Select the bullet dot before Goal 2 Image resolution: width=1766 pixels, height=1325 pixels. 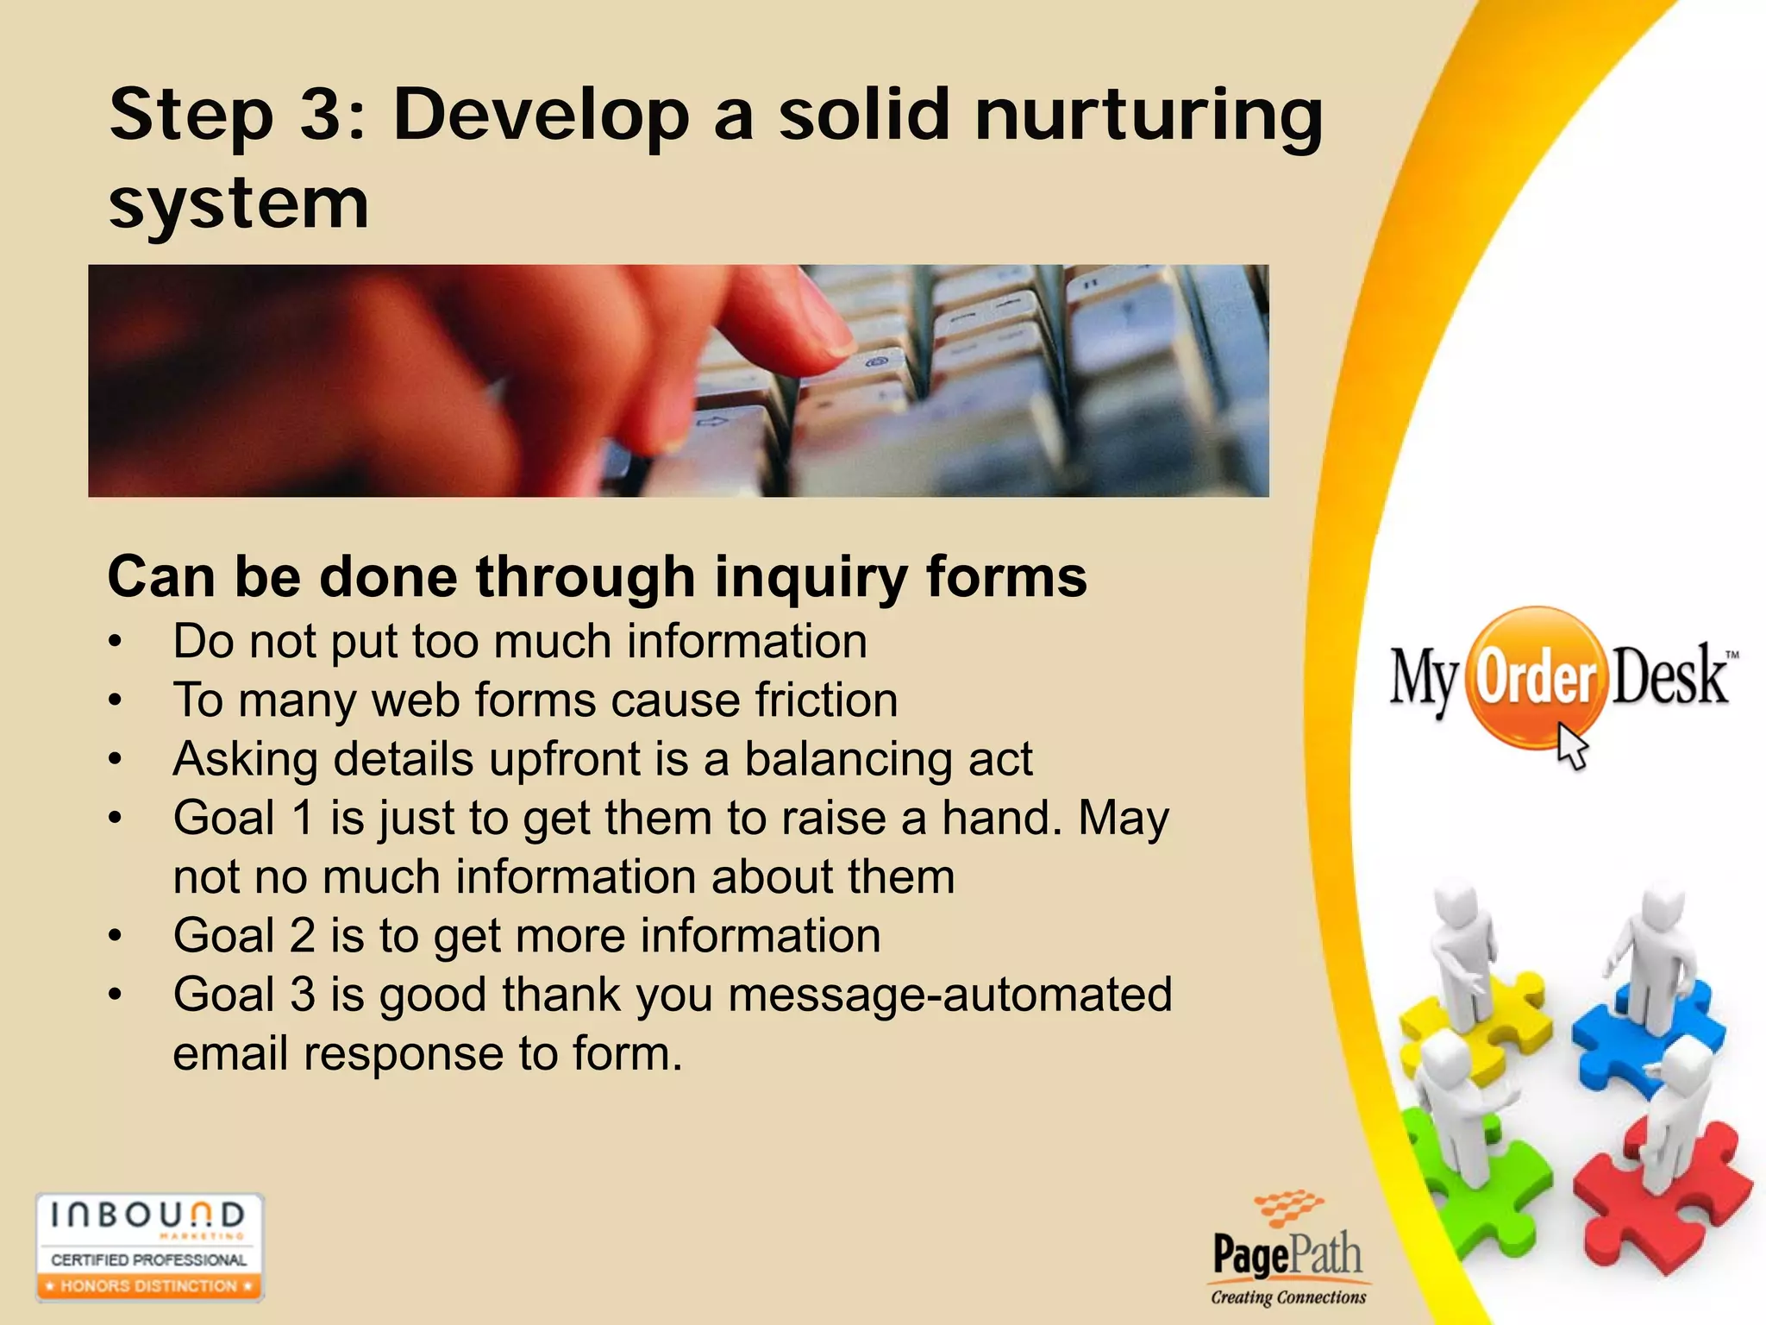coord(116,936)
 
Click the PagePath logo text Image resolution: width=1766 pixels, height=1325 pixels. coord(1287,1254)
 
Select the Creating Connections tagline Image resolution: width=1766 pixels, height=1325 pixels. coord(1288,1297)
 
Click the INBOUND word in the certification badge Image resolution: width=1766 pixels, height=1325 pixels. coord(147,1215)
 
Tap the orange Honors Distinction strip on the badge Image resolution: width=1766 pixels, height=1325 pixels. coord(148,1286)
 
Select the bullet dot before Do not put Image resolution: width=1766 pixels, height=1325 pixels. coord(116,642)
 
